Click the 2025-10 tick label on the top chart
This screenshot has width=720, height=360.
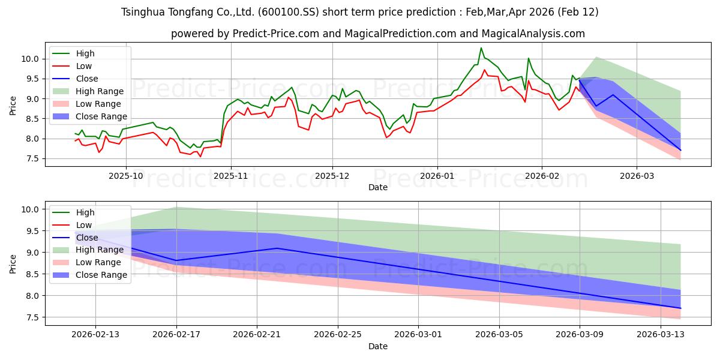click(126, 176)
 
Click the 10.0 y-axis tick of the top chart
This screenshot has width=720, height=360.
click(31, 59)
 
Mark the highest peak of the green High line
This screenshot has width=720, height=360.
click(481, 48)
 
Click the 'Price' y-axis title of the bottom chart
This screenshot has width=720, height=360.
click(13, 263)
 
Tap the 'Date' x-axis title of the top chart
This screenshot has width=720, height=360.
click(378, 187)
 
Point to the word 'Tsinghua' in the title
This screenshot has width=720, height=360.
click(144, 12)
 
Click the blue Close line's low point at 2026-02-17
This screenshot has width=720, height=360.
click(176, 260)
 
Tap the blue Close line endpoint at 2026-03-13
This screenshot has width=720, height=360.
click(680, 308)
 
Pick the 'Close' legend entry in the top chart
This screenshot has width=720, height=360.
click(87, 79)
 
